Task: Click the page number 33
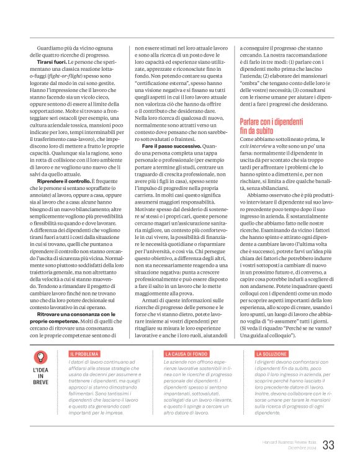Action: point(328,444)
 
